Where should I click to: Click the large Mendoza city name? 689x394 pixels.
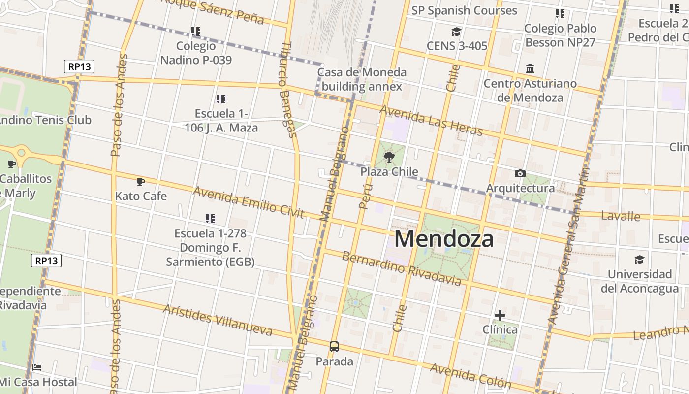[444, 239]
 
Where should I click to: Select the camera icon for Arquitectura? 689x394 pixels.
[520, 173]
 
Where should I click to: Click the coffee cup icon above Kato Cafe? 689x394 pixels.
[141, 182]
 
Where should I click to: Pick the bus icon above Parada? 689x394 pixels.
[334, 347]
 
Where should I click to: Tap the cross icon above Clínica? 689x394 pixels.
[500, 315]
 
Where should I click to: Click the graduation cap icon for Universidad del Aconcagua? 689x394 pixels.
[639, 260]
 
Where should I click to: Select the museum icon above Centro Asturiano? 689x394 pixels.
[530, 68]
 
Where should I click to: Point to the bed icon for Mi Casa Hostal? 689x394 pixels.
[37, 367]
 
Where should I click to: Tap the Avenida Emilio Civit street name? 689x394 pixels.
[248, 202]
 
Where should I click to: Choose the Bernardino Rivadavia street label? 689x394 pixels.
[402, 269]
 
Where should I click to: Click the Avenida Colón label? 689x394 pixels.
[470, 376]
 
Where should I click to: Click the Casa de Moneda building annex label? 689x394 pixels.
[362, 79]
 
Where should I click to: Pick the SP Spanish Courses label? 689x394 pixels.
[464, 10]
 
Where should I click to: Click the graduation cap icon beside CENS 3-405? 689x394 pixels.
[456, 32]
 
